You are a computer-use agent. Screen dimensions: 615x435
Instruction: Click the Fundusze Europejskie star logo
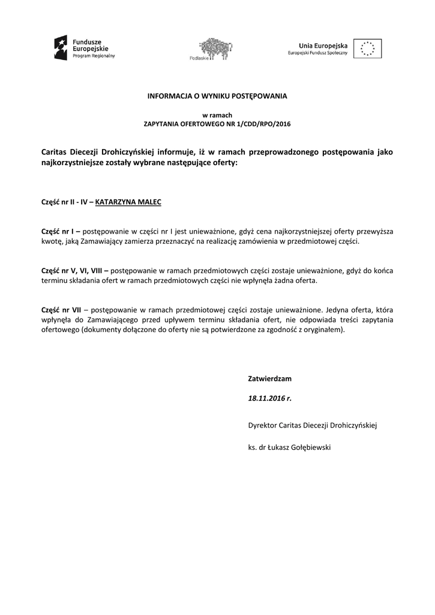coord(61,47)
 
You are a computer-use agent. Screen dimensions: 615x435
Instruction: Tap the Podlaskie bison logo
coord(215,47)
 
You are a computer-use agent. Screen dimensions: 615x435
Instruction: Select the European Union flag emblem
coord(367,48)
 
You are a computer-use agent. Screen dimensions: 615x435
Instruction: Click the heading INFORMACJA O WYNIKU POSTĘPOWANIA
coord(218,95)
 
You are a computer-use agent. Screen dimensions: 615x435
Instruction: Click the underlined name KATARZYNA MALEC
coord(128,202)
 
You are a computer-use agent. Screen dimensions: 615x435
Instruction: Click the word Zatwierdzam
coord(269,379)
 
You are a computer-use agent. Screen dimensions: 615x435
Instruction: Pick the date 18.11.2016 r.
coord(269,398)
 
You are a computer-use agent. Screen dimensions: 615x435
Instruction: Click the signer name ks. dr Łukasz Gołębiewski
coord(289,447)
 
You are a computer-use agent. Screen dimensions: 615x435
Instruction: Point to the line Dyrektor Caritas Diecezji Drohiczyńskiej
coord(312,425)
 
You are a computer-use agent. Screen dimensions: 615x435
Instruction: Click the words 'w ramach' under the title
coord(217,115)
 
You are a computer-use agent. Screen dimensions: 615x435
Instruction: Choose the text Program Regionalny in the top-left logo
coord(94,55)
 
